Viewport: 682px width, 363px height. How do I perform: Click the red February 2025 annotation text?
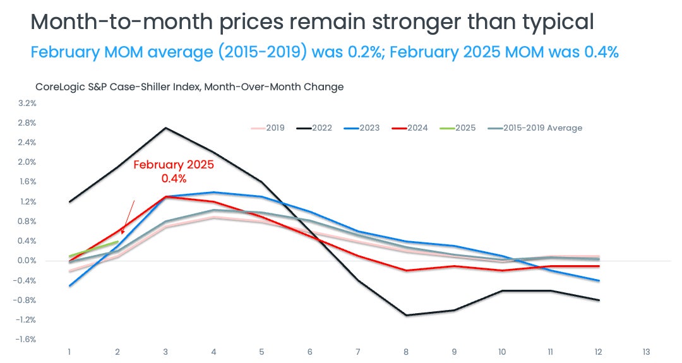click(x=174, y=171)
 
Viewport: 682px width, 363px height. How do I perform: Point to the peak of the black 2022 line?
click(x=165, y=128)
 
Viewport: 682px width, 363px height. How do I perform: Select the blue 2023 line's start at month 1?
click(x=69, y=286)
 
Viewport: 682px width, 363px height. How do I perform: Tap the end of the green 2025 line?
click(x=117, y=242)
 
